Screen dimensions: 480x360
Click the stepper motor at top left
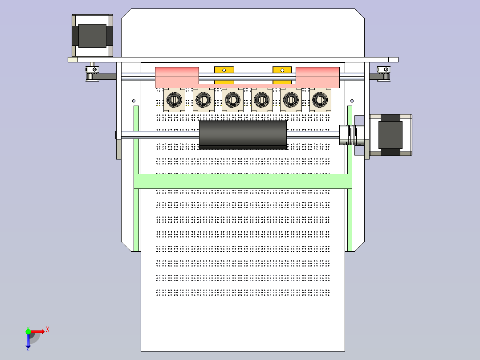93,36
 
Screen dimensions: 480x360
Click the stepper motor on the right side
391,135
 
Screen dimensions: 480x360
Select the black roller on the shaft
243,135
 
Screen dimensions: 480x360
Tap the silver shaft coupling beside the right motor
351,135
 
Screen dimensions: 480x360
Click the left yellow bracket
224,75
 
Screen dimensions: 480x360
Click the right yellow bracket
282,75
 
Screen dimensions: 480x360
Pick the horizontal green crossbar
243,181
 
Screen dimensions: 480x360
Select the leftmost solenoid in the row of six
174,100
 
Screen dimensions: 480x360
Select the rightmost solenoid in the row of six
320,100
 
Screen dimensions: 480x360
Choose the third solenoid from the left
232,100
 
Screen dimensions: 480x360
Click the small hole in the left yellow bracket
224,70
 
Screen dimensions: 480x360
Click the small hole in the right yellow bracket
282,70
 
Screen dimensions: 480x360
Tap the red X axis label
48,330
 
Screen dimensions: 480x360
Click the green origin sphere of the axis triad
28,331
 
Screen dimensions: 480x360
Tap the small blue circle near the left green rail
134,101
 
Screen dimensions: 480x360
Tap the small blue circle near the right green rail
352,101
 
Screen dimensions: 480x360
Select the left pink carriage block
177,78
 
